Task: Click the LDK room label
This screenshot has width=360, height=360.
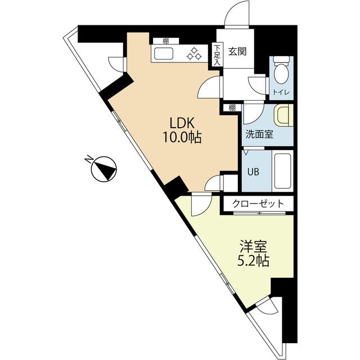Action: click(182, 123)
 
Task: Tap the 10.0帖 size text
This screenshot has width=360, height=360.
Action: click(182, 137)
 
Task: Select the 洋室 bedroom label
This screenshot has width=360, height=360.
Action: click(253, 246)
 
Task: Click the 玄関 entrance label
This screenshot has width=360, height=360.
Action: click(237, 52)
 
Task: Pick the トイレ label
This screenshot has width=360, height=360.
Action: click(281, 92)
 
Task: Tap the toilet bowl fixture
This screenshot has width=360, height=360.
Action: click(281, 69)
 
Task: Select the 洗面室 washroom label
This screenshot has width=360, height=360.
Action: click(259, 134)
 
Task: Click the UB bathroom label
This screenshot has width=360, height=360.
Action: click(253, 172)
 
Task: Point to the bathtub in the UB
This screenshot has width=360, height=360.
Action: click(282, 171)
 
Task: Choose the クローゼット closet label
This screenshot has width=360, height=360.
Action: click(258, 204)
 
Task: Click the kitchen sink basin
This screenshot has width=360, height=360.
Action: click(164, 53)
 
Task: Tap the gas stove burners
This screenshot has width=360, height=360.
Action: click(194, 53)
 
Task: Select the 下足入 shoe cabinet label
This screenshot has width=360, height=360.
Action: click(217, 55)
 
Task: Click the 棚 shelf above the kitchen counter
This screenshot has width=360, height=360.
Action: click(166, 41)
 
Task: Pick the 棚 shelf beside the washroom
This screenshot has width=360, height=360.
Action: click(232, 107)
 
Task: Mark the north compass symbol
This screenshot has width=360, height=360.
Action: click(104, 169)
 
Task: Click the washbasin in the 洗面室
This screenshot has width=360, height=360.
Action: click(283, 115)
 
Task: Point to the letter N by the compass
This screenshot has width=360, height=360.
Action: click(89, 159)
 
